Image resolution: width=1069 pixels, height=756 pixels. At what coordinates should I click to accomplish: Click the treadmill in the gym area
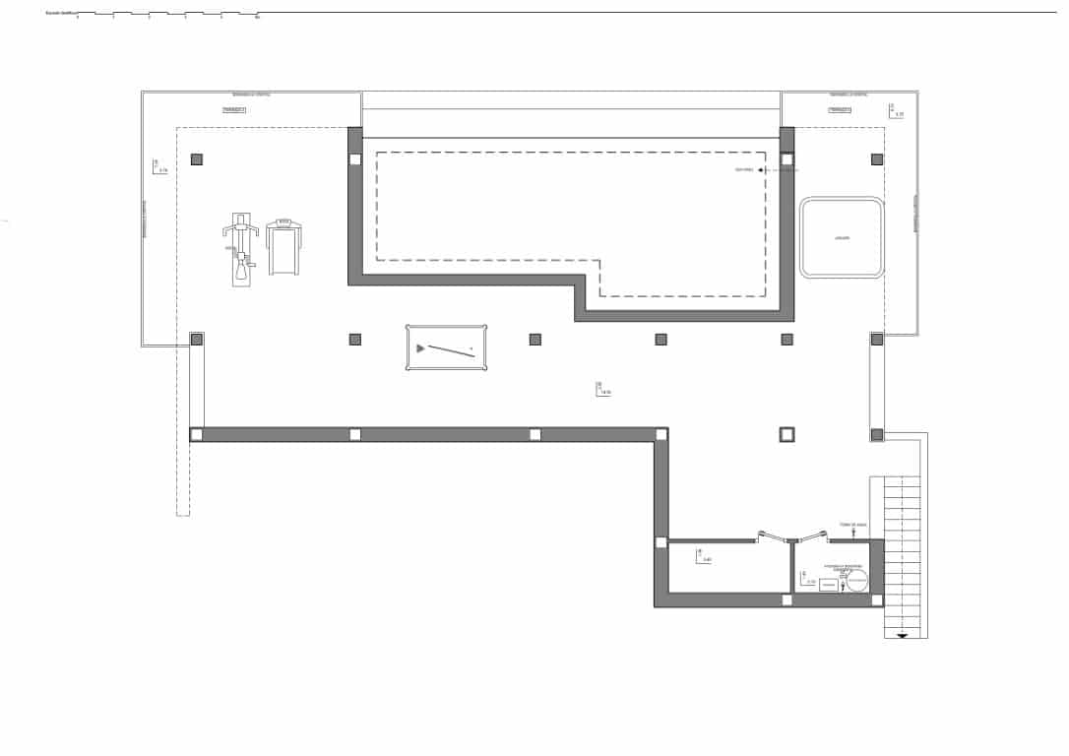[x=283, y=246]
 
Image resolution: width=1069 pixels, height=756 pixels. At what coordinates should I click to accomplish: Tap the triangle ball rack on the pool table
[x=421, y=347]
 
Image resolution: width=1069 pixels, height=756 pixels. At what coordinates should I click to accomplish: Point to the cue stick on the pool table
[x=451, y=349]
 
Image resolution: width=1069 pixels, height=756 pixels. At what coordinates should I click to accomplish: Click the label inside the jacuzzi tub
[x=841, y=238]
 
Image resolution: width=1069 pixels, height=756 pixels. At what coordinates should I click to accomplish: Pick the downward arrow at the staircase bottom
[x=903, y=636]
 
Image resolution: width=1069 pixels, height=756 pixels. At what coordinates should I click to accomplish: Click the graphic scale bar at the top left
[x=167, y=15]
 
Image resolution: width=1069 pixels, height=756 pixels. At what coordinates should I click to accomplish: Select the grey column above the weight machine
[x=197, y=159]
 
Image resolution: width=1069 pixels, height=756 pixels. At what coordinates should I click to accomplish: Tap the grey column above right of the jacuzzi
[x=877, y=159]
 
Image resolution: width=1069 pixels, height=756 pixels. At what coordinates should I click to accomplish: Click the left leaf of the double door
[x=775, y=537]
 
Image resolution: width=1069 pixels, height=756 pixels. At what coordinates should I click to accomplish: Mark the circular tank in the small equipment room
[x=855, y=583]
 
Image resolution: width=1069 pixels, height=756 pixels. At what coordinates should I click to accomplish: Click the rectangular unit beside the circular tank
[x=828, y=585]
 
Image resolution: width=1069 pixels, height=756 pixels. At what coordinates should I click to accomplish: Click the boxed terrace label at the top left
[x=233, y=110]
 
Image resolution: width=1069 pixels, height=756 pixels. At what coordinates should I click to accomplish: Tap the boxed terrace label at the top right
[x=839, y=110]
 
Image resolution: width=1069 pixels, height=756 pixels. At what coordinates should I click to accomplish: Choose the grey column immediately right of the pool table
[x=535, y=340]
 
